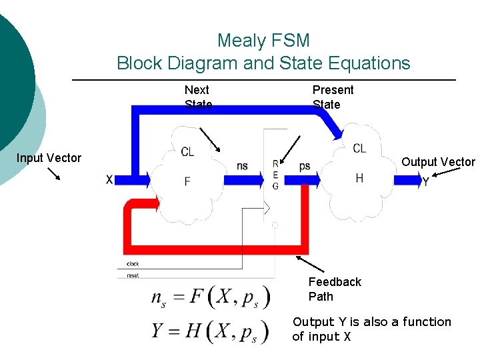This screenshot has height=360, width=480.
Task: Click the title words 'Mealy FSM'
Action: [x=263, y=41]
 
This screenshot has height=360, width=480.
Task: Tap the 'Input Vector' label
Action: [x=49, y=158]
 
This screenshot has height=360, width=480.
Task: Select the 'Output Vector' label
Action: [x=438, y=162]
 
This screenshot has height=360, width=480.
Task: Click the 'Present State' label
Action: [x=333, y=97]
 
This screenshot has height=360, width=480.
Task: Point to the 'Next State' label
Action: [x=197, y=97]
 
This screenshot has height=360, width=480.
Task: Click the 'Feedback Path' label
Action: [x=334, y=289]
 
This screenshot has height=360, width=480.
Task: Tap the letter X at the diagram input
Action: [x=109, y=179]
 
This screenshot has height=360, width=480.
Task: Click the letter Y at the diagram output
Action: [x=425, y=181]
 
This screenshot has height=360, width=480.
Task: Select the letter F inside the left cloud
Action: [x=187, y=181]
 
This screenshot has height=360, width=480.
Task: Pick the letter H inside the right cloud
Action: [x=359, y=177]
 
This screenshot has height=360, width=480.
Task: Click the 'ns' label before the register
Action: [x=242, y=166]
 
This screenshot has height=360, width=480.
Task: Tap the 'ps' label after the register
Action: [x=305, y=166]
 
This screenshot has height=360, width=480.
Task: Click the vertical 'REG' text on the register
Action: [x=275, y=175]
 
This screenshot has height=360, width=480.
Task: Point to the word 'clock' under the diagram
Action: [x=132, y=264]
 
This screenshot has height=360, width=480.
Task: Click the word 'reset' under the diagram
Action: [x=132, y=275]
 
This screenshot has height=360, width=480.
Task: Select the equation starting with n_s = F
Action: [x=211, y=297]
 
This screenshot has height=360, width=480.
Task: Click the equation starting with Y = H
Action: [x=211, y=331]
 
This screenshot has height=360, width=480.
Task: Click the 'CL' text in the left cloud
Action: [x=187, y=152]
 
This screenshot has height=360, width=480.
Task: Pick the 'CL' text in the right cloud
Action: [x=359, y=148]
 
